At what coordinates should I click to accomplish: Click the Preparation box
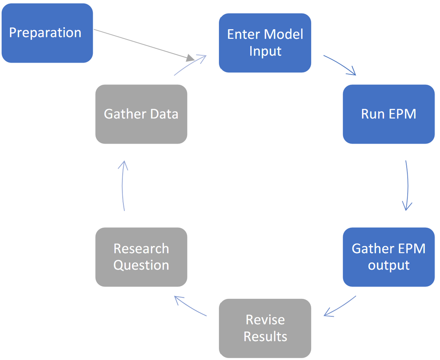coord(47,33)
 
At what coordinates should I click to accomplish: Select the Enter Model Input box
coord(265,43)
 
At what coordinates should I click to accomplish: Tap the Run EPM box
coord(388,114)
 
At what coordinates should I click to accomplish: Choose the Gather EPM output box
coord(388,257)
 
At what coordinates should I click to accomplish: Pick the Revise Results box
coord(265,328)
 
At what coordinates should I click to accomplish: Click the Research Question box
coord(141,257)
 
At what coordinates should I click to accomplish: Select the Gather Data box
coord(141,114)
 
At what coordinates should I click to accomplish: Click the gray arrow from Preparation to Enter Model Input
coord(144,45)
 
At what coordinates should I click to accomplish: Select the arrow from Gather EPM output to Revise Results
coord(340,306)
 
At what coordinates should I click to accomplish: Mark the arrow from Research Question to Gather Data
coord(123,186)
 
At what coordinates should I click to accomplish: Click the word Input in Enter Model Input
coord(265,51)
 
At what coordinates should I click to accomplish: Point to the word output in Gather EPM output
coord(388,265)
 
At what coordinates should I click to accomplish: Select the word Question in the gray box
coord(141,265)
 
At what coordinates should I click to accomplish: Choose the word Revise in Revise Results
coord(265,320)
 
